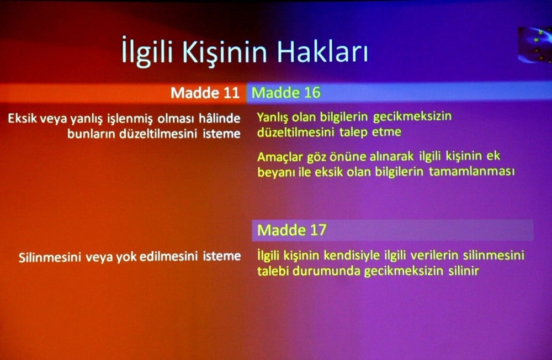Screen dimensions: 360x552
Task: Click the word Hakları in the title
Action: pos(322,52)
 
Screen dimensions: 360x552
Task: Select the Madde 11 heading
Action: pos(204,92)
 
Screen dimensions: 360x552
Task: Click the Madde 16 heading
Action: pos(286,92)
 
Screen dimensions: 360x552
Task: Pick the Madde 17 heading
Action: pos(291,230)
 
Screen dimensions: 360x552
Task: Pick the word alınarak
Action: pos(409,156)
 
